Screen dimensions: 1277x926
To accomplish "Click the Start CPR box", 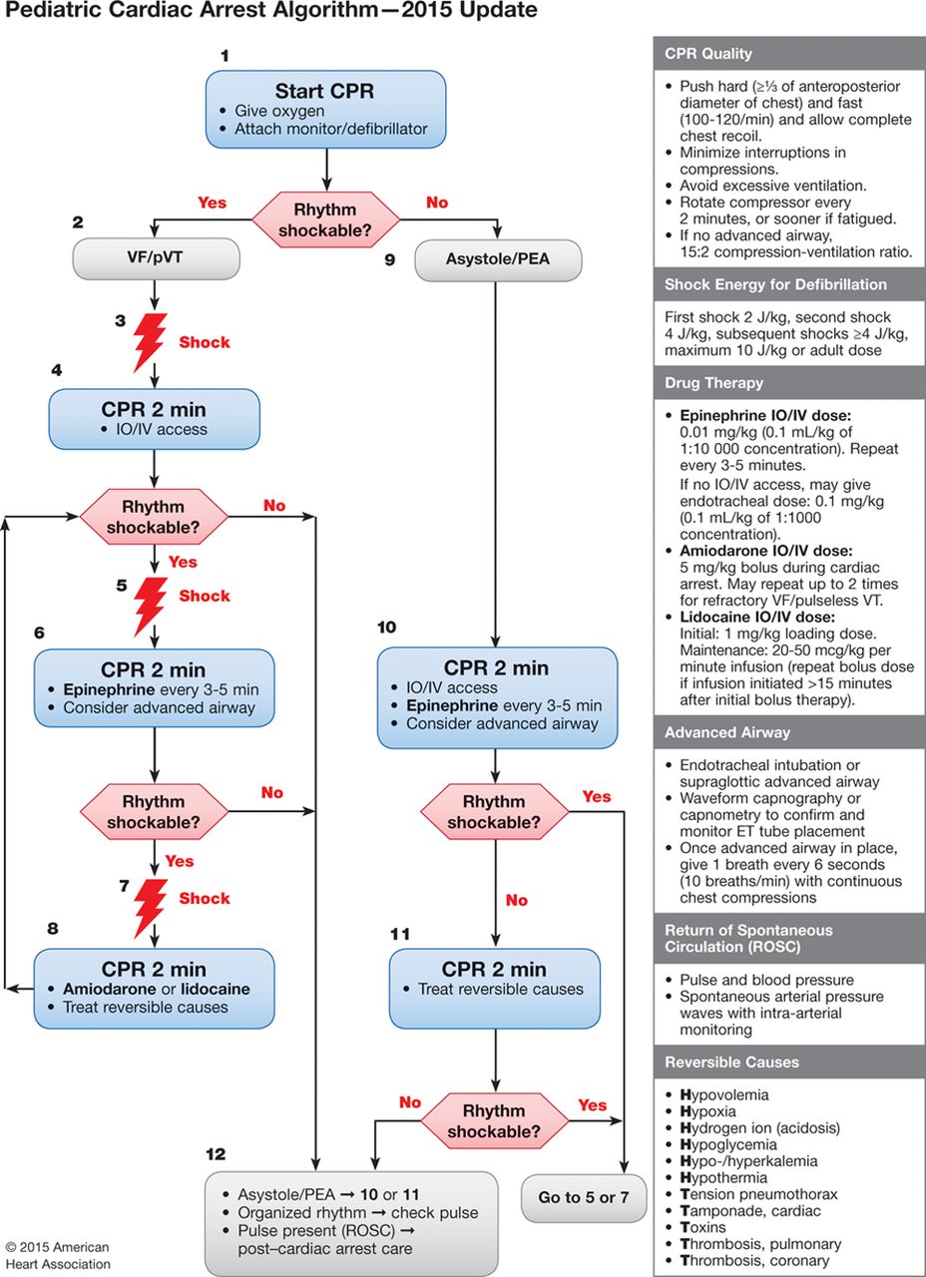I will click(x=326, y=110).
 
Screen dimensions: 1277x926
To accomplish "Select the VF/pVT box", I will click(x=156, y=259).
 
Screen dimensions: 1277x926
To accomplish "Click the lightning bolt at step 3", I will click(x=149, y=341).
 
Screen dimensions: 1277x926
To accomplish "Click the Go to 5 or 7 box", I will click(x=584, y=1196).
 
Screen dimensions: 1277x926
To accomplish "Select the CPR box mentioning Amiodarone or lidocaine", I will click(x=154, y=987).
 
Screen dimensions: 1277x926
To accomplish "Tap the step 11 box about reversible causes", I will click(x=495, y=988).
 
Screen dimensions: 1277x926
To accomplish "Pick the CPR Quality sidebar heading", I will click(x=708, y=54).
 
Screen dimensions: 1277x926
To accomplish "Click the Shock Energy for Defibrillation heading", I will click(x=775, y=284).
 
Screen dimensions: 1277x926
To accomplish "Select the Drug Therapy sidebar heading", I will click(x=713, y=383).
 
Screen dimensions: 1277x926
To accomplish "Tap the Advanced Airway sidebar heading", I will click(x=727, y=732).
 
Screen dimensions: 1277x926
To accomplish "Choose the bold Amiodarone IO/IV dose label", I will click(x=765, y=551).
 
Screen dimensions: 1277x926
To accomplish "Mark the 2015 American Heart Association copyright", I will click(x=57, y=1255).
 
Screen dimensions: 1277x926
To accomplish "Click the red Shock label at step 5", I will click(x=205, y=596).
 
